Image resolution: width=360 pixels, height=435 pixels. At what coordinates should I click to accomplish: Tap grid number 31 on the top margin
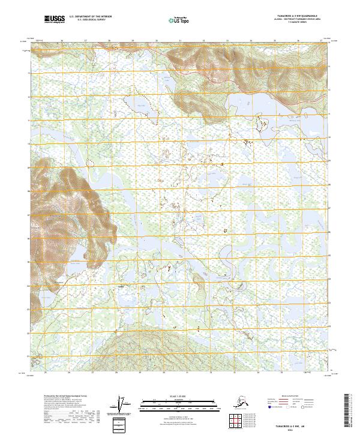[180, 41]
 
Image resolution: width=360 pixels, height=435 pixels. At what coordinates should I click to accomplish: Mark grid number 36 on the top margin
[298, 41]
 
